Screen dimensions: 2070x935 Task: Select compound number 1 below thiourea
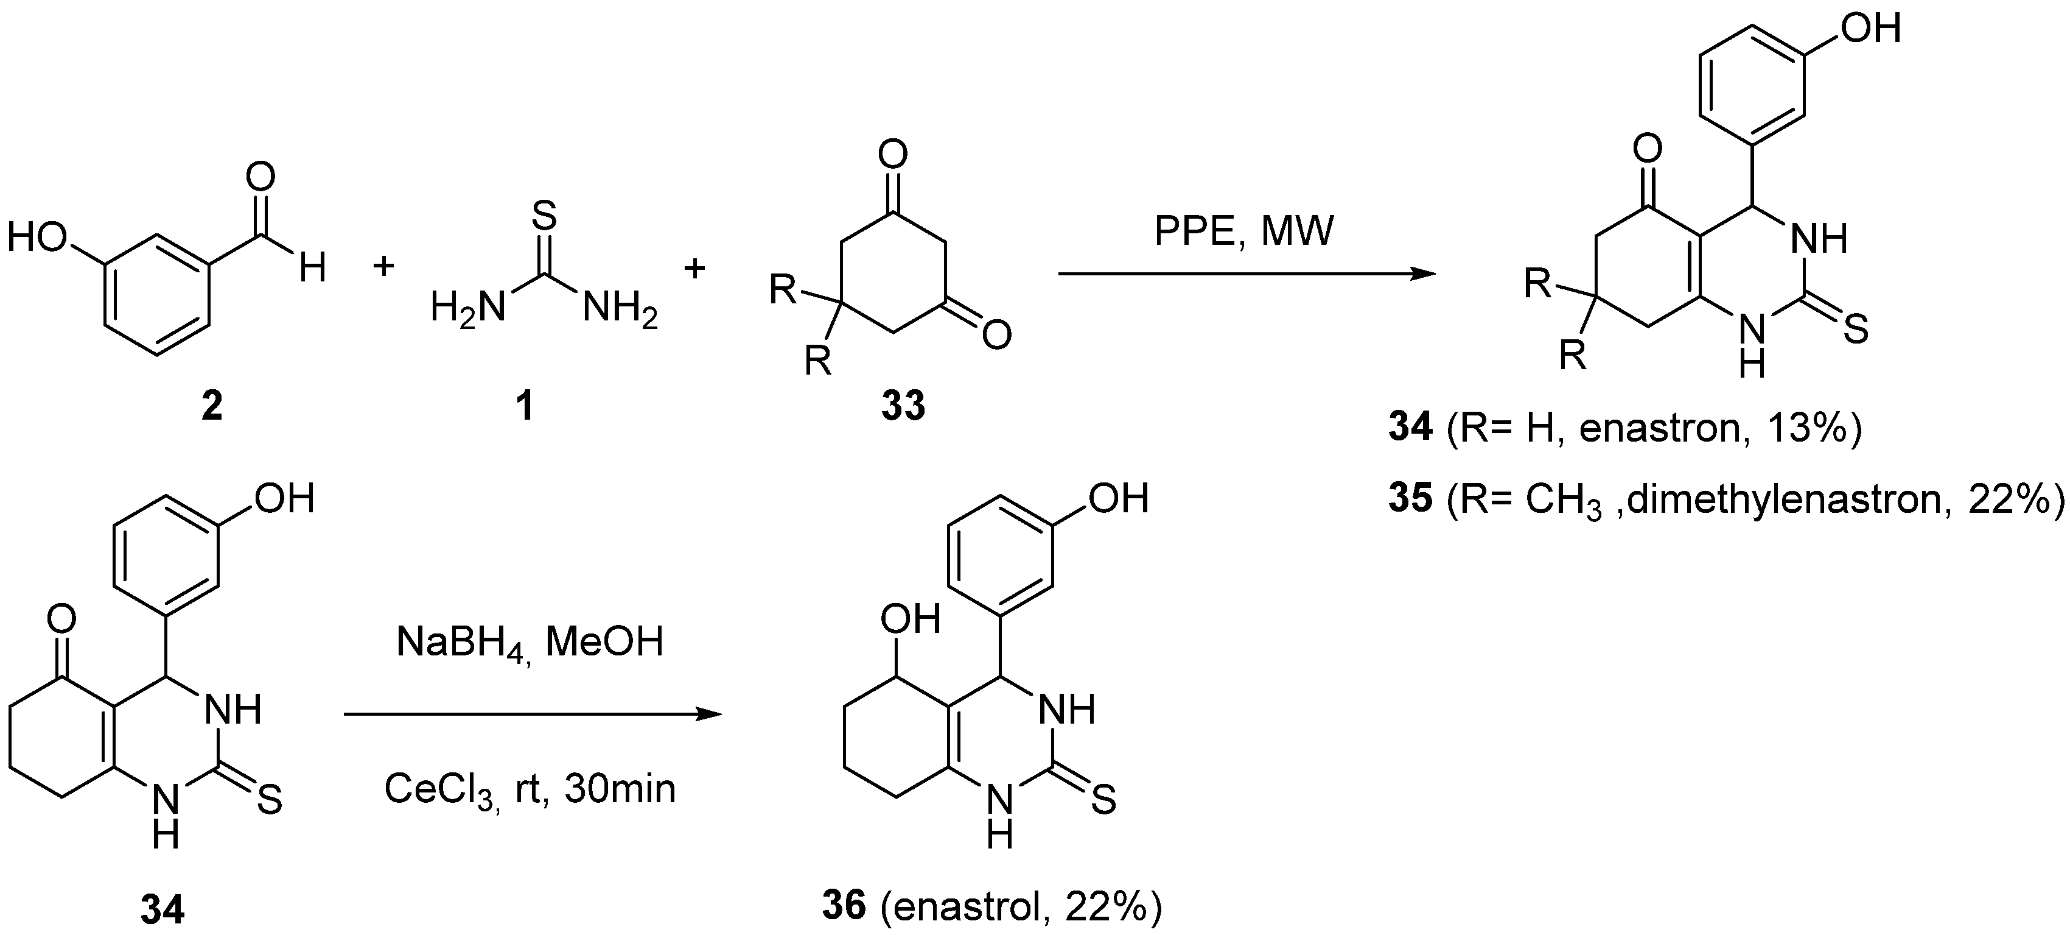(524, 407)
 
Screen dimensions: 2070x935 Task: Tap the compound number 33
(903, 407)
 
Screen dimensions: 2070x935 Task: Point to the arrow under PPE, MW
(1245, 274)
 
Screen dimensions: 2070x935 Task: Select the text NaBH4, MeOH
(530, 643)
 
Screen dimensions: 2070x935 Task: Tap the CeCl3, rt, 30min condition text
(530, 789)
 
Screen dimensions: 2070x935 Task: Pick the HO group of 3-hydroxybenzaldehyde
(38, 239)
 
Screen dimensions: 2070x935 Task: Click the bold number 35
(1411, 500)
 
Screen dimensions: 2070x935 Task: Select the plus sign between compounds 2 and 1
(384, 266)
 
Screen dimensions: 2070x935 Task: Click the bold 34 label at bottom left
(163, 911)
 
